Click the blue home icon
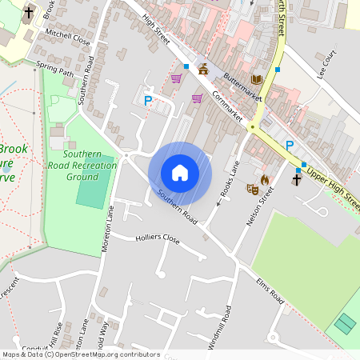[x=180, y=172]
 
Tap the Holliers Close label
[x=158, y=238]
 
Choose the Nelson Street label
[x=262, y=206]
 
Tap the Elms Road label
[x=270, y=290]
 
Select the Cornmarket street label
[x=227, y=104]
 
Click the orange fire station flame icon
[x=265, y=179]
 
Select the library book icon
[x=256, y=78]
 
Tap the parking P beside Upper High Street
[x=290, y=145]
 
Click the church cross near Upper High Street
[x=296, y=179]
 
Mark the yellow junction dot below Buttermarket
[x=252, y=127]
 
